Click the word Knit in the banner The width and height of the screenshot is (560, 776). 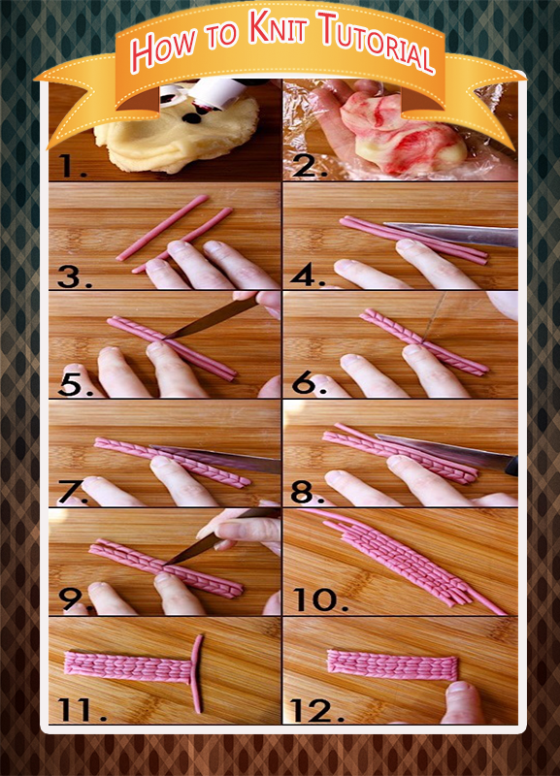[280, 29]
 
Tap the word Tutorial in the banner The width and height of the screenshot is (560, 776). [378, 42]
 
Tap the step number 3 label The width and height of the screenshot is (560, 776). [75, 276]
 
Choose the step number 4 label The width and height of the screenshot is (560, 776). [308, 275]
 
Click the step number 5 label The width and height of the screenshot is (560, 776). [76, 384]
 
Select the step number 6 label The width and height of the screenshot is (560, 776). [309, 383]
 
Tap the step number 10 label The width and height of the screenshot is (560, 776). [320, 599]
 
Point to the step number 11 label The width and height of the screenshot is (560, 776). [82, 711]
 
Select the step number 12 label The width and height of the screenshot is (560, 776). [317, 711]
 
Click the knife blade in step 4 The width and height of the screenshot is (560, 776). [450, 235]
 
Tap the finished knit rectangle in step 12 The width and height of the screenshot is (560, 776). [392, 664]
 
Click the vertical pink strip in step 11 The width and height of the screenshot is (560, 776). [197, 674]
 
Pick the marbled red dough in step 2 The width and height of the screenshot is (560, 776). [404, 133]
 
